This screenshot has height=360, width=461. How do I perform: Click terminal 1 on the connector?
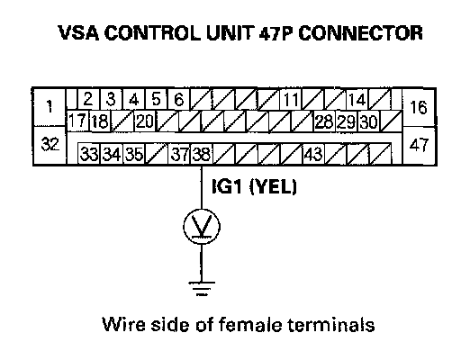(x=50, y=107)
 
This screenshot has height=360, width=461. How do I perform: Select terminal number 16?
(x=419, y=107)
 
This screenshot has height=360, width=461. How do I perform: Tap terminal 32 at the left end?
(x=50, y=145)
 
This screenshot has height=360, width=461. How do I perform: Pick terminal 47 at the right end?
(x=419, y=145)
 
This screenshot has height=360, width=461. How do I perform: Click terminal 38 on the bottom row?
(x=202, y=154)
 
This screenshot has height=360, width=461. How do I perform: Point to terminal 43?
(x=313, y=154)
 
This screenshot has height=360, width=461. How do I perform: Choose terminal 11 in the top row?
(x=291, y=99)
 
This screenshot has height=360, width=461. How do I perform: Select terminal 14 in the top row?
(x=357, y=99)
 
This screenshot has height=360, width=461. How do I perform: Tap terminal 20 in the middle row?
(x=145, y=121)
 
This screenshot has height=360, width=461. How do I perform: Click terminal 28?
(x=324, y=121)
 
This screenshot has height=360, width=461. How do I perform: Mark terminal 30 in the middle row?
(x=369, y=121)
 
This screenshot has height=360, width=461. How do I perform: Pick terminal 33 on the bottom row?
(x=89, y=154)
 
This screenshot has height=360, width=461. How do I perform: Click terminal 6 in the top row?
(x=179, y=99)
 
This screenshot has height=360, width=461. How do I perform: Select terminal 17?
(x=77, y=121)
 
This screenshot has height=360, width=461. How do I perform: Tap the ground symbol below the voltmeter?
(x=202, y=289)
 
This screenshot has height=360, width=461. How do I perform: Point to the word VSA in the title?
(x=78, y=32)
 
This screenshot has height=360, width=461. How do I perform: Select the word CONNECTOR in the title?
(x=360, y=32)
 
